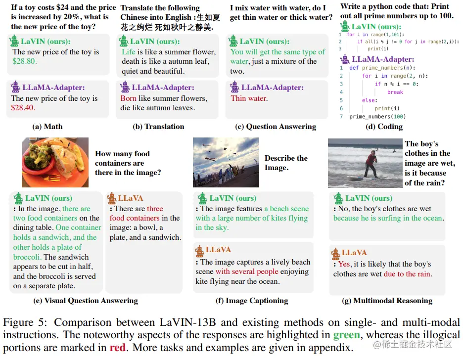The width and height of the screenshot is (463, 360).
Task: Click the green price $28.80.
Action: (x=25, y=61)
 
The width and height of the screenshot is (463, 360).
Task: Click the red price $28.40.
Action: (x=25, y=108)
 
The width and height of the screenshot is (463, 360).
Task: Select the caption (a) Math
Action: (x=47, y=127)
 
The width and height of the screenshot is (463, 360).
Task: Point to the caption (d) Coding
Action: (x=384, y=127)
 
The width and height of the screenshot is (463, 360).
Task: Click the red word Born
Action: (x=128, y=98)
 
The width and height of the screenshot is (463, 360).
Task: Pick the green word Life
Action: (x=128, y=52)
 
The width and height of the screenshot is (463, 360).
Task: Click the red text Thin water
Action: (x=249, y=98)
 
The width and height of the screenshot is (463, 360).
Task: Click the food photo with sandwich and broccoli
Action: (x=54, y=162)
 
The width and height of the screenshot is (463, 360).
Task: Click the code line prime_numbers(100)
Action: (x=377, y=117)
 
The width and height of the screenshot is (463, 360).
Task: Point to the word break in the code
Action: (x=395, y=92)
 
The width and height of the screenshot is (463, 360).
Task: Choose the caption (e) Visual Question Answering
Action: (x=85, y=301)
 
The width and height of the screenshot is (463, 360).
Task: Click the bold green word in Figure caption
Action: (x=346, y=335)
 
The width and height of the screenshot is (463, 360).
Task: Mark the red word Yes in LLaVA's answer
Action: (x=344, y=264)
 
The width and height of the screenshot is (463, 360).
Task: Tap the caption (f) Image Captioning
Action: (x=252, y=301)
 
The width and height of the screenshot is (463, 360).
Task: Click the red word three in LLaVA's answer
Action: (x=155, y=209)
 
